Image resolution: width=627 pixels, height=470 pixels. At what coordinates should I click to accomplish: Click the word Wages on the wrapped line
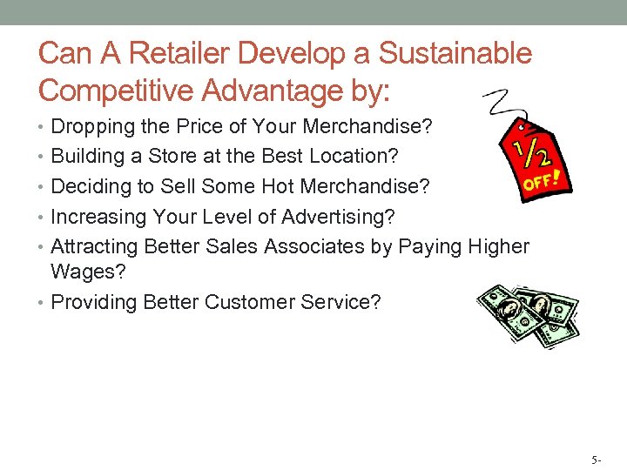point(84,272)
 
